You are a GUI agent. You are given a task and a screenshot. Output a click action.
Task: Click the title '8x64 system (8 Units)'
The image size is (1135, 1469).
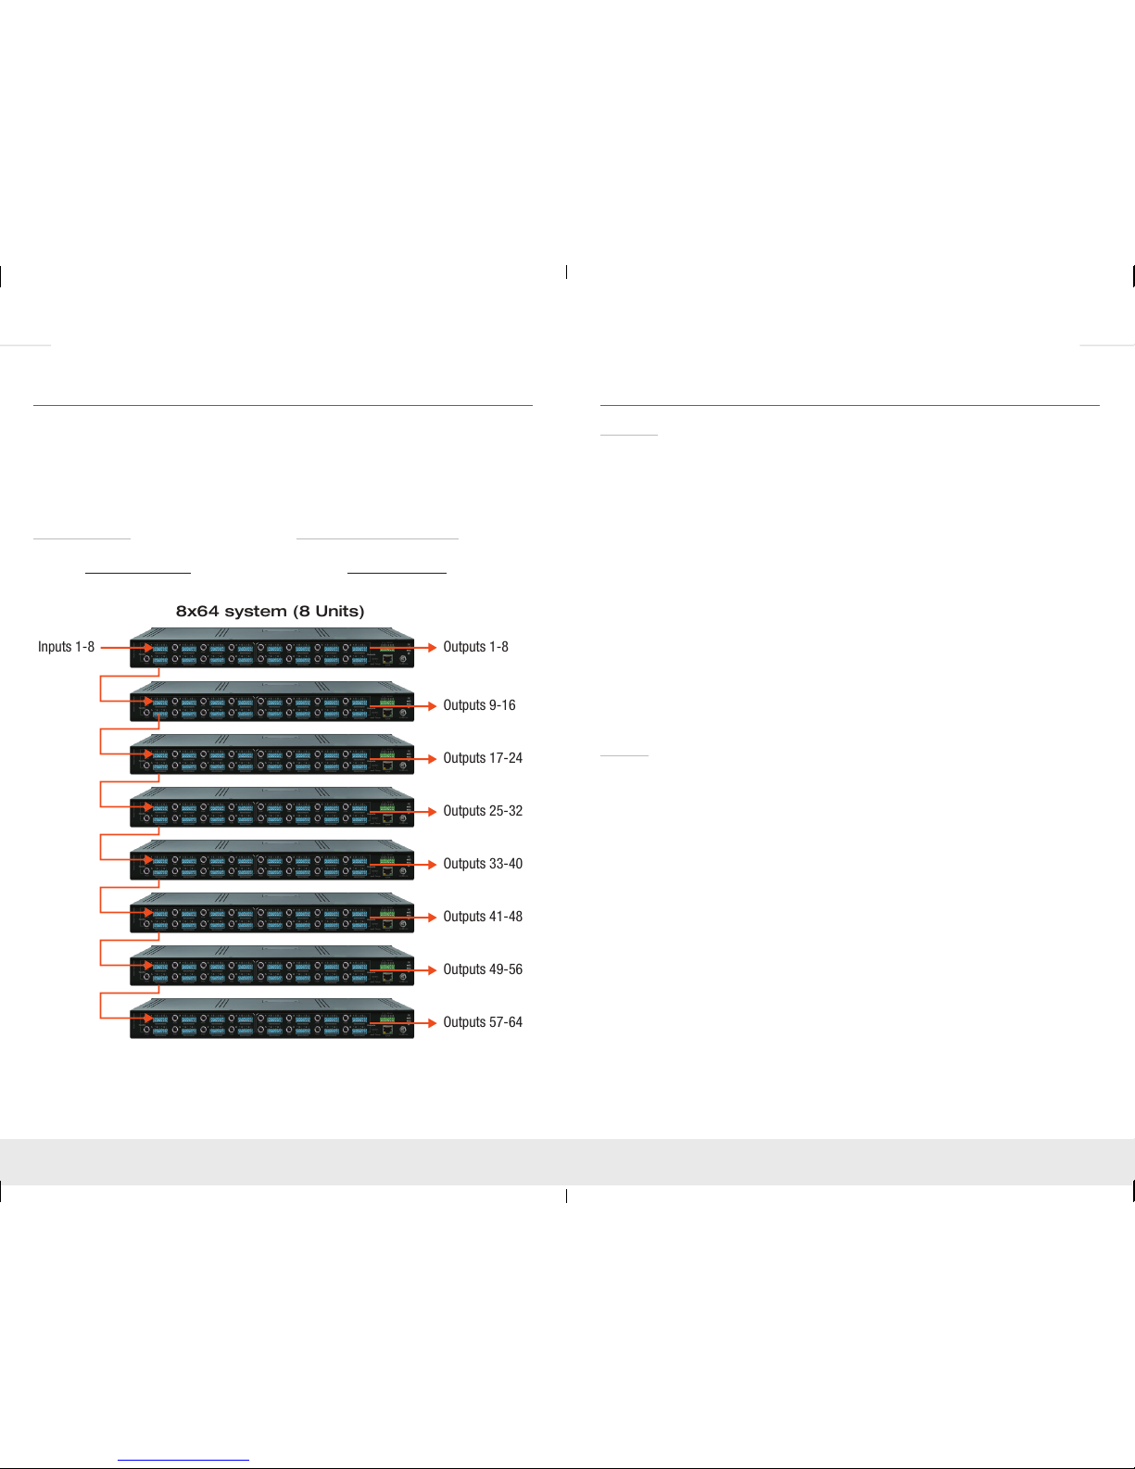(271, 611)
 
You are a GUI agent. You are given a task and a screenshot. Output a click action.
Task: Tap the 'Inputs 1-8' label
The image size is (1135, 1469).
(66, 647)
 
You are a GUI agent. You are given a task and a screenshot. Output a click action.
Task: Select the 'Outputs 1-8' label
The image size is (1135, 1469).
(475, 647)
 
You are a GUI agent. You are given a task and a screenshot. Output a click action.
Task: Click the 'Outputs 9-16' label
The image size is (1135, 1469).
(479, 705)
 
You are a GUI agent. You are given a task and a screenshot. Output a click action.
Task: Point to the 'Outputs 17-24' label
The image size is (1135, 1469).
(483, 758)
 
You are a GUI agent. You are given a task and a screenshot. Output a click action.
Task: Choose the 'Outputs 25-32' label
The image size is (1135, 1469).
(483, 811)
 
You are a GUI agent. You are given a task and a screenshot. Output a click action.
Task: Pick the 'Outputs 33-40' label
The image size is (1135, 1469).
(483, 863)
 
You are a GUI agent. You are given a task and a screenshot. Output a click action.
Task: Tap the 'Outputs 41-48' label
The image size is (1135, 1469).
(483, 916)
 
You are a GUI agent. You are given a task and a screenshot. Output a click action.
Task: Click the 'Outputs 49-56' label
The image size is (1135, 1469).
(483, 969)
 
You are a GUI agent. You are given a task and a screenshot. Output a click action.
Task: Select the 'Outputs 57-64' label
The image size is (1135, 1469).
(483, 1021)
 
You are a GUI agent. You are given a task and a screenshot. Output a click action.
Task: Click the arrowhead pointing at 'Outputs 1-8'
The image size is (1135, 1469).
(433, 648)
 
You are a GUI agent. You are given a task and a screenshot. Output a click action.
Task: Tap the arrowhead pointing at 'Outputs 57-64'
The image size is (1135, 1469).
(433, 1023)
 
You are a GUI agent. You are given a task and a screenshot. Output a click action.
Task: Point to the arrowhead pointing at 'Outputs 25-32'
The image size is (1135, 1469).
(433, 812)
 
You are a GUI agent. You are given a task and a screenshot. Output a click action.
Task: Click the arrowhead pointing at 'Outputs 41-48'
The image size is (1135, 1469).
(433, 918)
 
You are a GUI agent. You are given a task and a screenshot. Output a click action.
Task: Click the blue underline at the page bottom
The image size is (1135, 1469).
(183, 1461)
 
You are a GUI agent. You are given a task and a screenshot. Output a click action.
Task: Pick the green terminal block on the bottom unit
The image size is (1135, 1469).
(387, 1019)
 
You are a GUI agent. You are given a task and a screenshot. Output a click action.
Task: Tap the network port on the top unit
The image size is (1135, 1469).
(388, 658)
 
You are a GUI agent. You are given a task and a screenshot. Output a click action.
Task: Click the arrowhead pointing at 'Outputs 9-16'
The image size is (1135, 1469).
(433, 706)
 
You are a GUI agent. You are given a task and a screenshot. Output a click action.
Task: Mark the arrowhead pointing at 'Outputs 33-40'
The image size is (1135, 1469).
(433, 865)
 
